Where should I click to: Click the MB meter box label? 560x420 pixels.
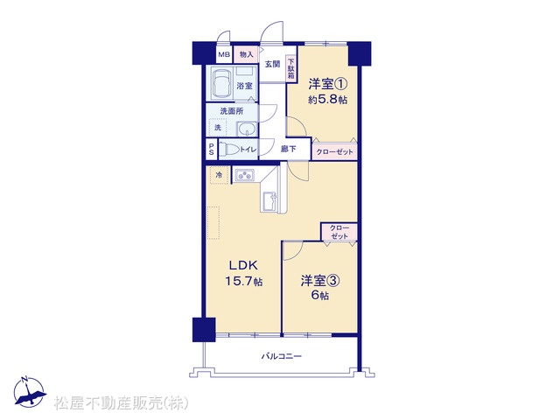click(224, 54)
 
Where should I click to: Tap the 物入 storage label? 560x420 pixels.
click(247, 54)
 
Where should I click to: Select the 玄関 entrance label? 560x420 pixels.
click(272, 64)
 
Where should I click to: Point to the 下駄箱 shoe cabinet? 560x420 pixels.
click(291, 68)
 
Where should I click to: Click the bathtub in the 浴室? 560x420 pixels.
click(221, 82)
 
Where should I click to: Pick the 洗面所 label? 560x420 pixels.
click(232, 111)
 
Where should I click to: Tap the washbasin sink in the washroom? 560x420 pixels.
click(246, 129)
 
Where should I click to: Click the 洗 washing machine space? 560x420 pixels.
click(218, 127)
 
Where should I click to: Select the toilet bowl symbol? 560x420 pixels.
click(229, 150)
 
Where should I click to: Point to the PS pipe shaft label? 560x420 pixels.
click(212, 150)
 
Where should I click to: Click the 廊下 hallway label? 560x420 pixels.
click(288, 150)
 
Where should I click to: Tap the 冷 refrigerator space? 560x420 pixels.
click(220, 175)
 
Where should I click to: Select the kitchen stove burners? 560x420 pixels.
click(245, 175)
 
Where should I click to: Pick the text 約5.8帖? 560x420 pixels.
click(328, 100)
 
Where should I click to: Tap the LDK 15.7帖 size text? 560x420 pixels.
click(243, 282)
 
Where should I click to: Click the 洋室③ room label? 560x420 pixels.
click(320, 281)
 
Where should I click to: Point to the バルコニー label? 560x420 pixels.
click(282, 356)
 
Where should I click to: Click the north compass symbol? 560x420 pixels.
click(29, 391)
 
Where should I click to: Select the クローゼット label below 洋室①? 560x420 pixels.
click(334, 152)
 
